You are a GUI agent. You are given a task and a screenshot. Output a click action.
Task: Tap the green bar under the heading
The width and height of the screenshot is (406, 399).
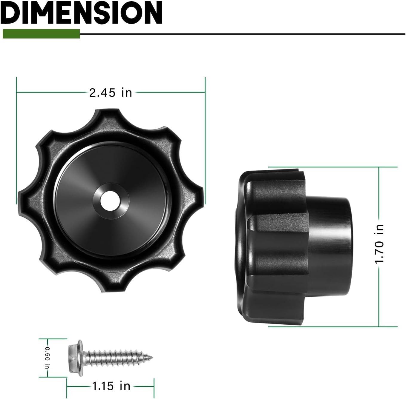[41, 34]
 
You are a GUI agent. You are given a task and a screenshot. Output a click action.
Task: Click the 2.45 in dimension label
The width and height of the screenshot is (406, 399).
[111, 93]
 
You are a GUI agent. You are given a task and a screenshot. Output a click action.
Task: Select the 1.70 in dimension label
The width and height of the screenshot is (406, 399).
[379, 244]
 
